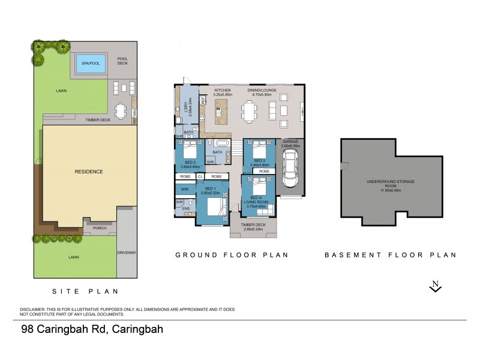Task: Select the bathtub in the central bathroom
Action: (221, 145)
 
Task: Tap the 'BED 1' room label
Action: (211, 188)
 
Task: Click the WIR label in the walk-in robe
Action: (184, 189)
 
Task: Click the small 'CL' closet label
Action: (200, 177)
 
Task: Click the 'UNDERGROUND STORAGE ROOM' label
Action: (391, 183)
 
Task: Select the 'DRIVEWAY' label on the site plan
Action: (127, 253)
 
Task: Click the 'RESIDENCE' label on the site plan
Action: (89, 172)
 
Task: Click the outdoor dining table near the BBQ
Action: (121, 111)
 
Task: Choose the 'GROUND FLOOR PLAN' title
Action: (232, 255)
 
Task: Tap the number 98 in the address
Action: (28, 329)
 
